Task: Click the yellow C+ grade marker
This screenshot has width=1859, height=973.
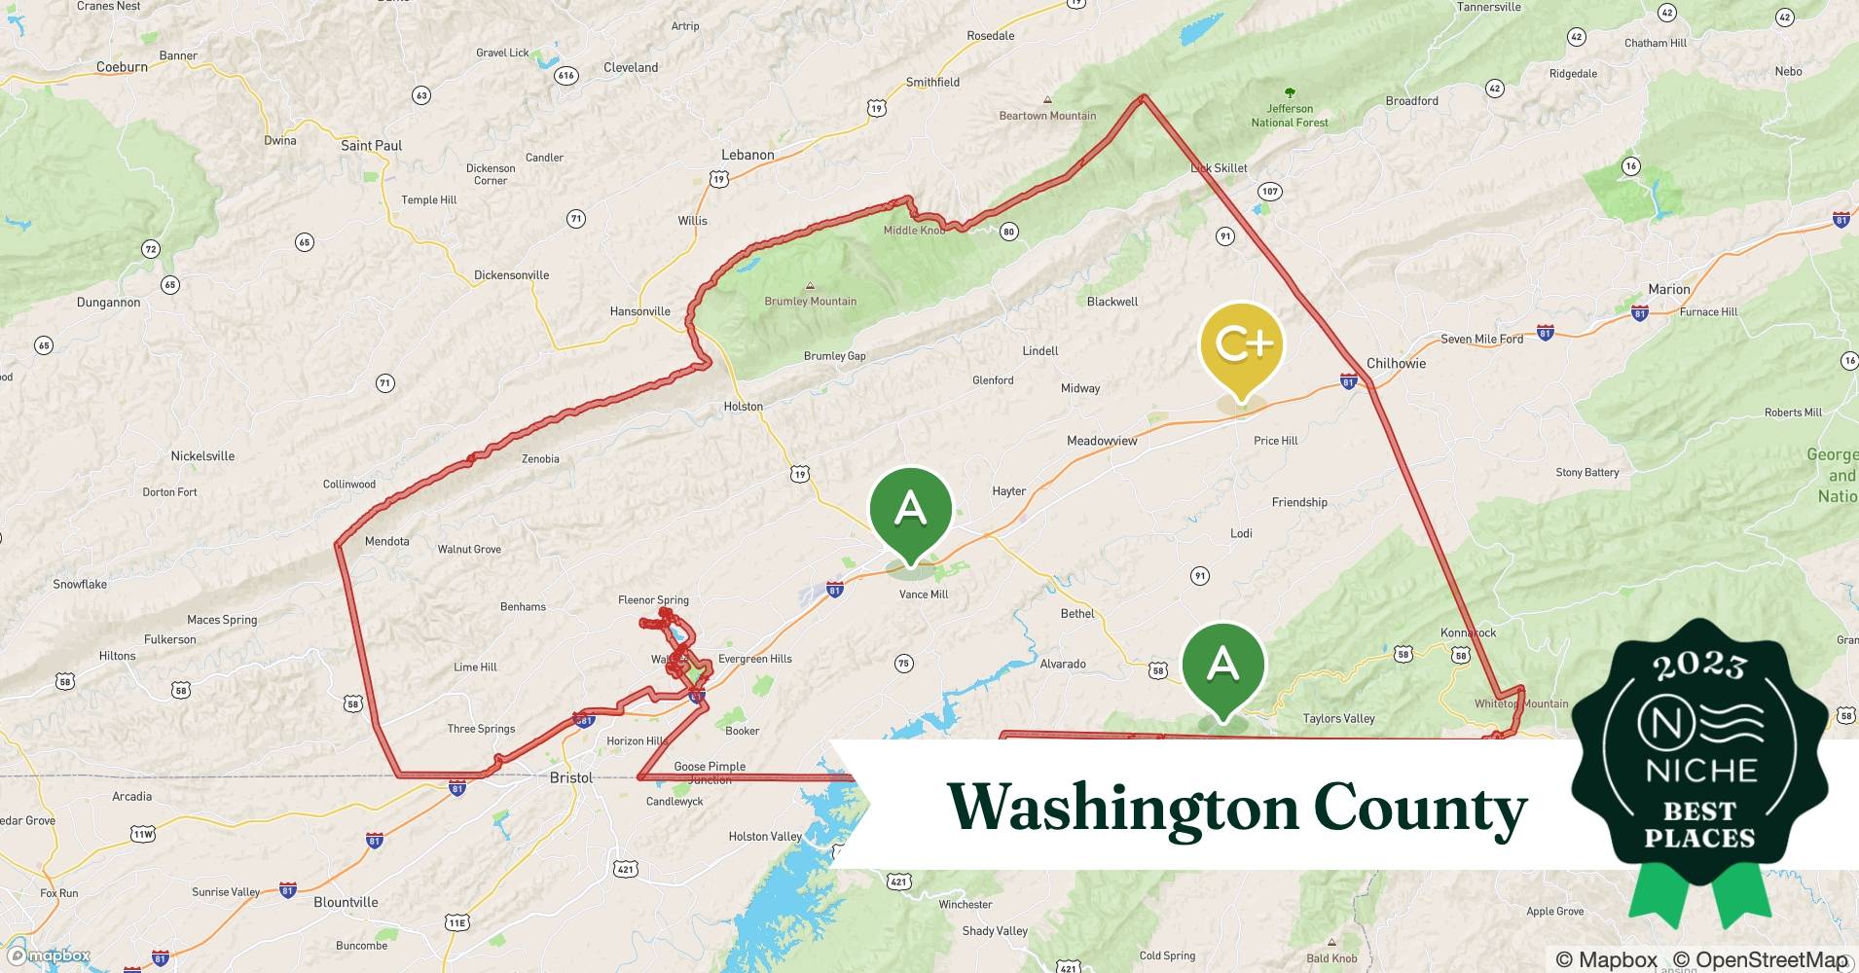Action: (x=1242, y=344)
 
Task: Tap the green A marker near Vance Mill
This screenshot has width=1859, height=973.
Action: (x=910, y=509)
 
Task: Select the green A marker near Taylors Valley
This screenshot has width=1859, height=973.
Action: (x=1222, y=666)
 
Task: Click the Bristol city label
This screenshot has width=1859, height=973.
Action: (x=571, y=777)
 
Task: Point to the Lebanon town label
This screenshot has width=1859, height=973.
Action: (x=747, y=155)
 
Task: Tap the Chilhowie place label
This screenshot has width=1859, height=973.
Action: (x=1396, y=363)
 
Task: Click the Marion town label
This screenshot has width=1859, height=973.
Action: (x=1668, y=289)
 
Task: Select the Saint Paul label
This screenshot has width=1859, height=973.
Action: (x=371, y=145)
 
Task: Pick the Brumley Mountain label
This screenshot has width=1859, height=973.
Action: (x=810, y=301)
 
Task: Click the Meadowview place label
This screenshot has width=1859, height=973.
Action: (x=1102, y=441)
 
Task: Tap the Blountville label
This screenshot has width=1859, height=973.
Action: (x=346, y=902)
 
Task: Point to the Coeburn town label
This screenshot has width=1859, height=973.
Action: (x=122, y=67)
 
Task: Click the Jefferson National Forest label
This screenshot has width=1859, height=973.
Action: (x=1290, y=116)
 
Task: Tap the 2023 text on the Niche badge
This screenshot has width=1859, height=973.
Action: (x=1700, y=667)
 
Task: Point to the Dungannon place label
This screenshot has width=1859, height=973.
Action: (x=108, y=302)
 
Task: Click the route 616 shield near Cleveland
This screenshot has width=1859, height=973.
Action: (x=565, y=75)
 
